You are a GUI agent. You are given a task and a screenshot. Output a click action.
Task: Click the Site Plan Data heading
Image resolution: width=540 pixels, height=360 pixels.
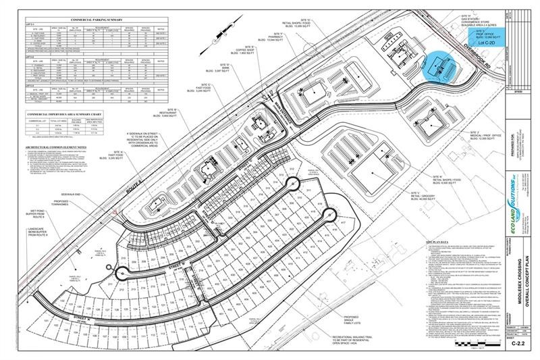pyautogui.click(x=438, y=240)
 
